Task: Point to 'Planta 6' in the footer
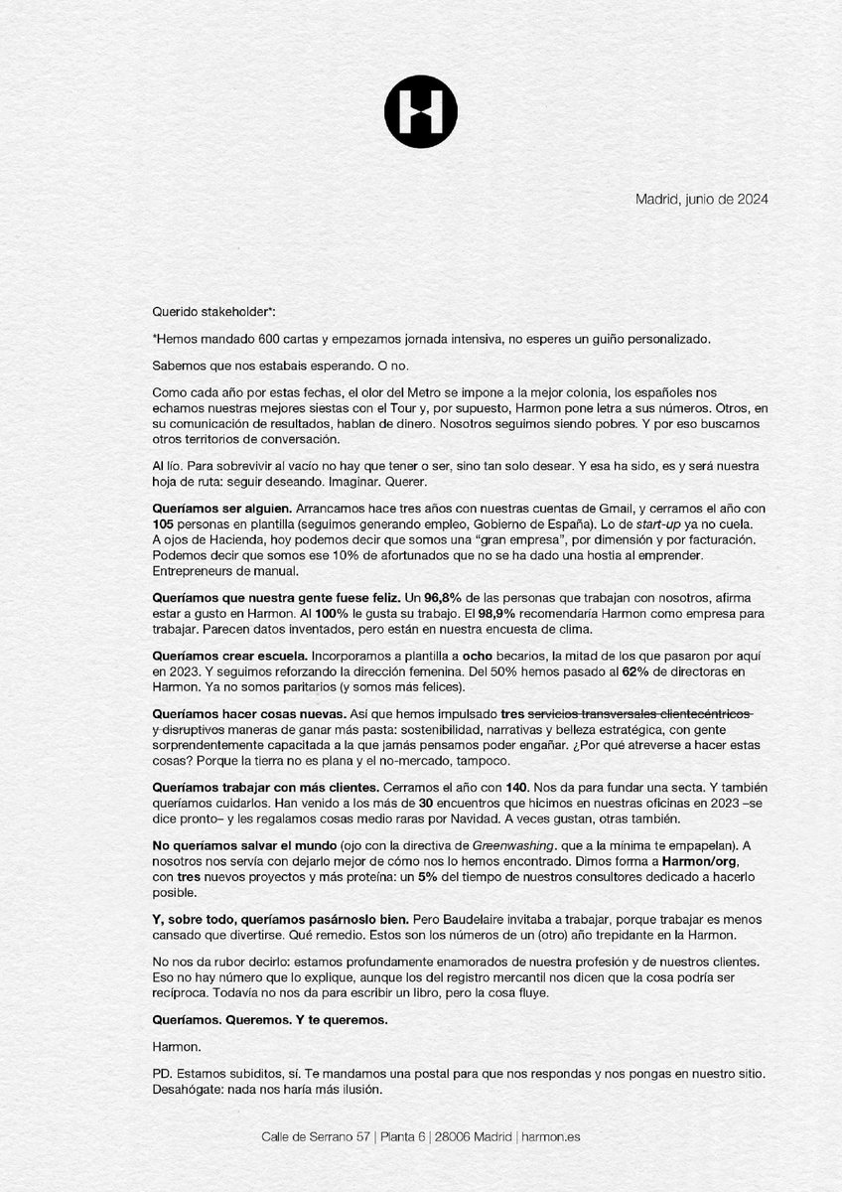[x=394, y=1136]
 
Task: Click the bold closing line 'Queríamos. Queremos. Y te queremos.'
[x=269, y=1020]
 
